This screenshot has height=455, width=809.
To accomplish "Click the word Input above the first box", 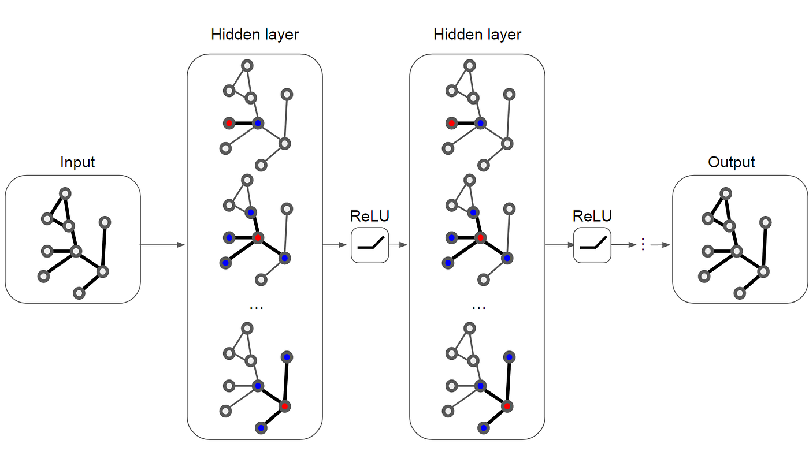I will (x=77, y=162).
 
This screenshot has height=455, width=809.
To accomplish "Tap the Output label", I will (x=732, y=162).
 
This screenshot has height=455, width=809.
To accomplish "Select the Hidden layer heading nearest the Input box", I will (x=255, y=35).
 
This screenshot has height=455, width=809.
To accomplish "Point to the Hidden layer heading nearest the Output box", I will (x=477, y=35).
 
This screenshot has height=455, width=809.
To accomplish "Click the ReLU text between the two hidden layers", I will (x=370, y=217).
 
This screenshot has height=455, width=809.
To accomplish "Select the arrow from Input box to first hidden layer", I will (x=163, y=245).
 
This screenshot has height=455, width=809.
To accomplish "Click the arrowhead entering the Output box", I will (x=666, y=245).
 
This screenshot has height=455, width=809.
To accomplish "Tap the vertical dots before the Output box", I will (x=642, y=245).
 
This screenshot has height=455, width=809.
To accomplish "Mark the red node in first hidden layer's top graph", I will (x=229, y=123).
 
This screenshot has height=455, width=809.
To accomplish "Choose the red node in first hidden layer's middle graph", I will (x=258, y=237).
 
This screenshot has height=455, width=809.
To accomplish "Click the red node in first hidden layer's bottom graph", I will (x=284, y=406).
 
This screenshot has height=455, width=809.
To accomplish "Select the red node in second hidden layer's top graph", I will (x=452, y=123).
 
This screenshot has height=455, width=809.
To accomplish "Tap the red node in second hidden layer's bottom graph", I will (x=507, y=406).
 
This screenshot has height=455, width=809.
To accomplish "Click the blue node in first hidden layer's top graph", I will (x=258, y=123).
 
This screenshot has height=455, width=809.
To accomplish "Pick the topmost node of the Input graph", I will (x=66, y=193).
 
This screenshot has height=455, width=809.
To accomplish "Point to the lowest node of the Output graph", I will (x=740, y=293).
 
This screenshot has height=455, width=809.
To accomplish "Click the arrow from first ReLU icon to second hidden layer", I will (x=399, y=245).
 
